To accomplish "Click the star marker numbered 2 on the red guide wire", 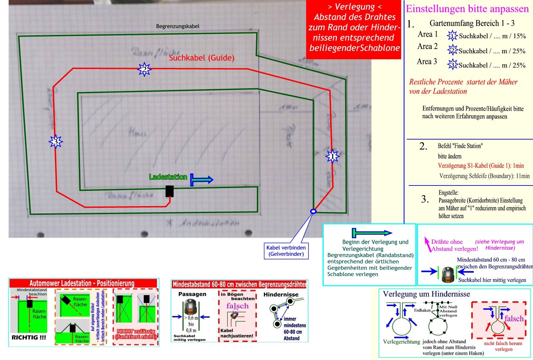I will tap(144, 70).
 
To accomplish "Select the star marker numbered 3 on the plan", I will tap(56, 142).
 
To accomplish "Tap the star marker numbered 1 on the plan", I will tap(332, 156).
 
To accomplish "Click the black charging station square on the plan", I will tap(170, 191).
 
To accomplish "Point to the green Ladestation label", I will tap(168, 177).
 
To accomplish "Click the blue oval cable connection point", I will tap(313, 211).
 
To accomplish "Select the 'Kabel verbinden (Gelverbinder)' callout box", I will tap(286, 251).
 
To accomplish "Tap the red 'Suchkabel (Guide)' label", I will tap(202, 58).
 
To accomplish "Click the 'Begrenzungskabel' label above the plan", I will tap(178, 26).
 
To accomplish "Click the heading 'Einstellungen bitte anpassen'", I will tap(467, 9).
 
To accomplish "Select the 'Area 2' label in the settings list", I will tap(427, 46).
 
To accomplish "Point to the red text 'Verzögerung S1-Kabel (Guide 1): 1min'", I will tap(481, 166).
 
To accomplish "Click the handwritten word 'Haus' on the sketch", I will tap(138, 133).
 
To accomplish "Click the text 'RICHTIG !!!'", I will tap(29, 337).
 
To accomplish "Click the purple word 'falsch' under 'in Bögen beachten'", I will tap(237, 306).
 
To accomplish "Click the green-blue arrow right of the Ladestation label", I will tap(202, 180).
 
